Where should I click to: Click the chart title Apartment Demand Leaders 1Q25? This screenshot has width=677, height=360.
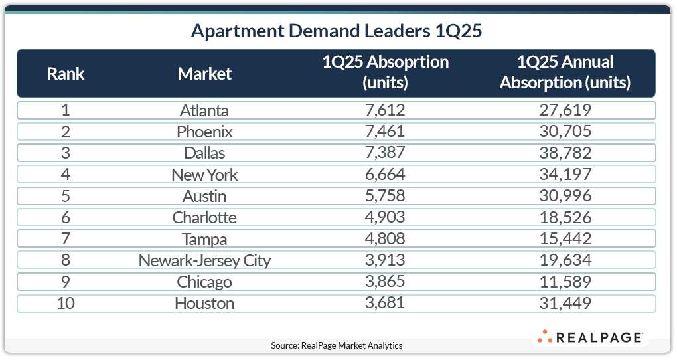click(x=339, y=31)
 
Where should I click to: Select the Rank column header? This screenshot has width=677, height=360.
click(x=66, y=73)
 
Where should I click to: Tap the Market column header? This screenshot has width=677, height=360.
click(x=204, y=73)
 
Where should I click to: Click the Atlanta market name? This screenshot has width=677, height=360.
click(x=204, y=110)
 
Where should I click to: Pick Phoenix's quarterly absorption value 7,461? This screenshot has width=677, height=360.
click(x=385, y=132)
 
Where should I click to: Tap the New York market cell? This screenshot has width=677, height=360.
click(x=204, y=175)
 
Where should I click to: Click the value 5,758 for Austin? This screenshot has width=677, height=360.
click(x=385, y=196)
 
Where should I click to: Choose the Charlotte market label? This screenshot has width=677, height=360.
click(x=204, y=217)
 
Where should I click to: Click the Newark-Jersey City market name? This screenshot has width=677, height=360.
click(x=204, y=260)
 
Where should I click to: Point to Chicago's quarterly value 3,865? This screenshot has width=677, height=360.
click(x=385, y=282)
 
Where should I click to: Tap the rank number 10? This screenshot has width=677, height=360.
click(x=66, y=303)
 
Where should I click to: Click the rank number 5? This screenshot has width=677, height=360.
click(x=66, y=196)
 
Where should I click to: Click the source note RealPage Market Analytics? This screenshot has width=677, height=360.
click(x=337, y=345)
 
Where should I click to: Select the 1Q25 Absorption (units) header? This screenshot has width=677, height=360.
click(x=385, y=73)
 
